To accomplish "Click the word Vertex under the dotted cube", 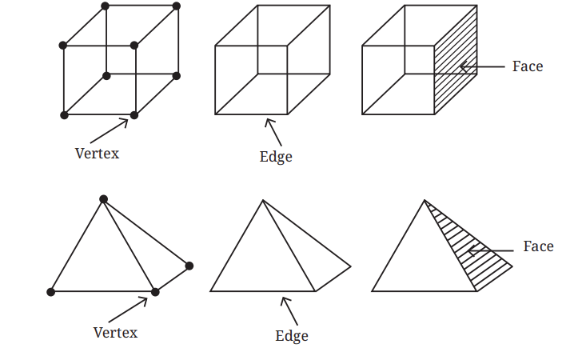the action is [x=97, y=154].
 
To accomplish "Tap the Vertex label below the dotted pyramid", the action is [x=115, y=333].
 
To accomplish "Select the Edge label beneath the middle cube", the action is [x=276, y=157].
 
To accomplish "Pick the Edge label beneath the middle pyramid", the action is [x=292, y=336].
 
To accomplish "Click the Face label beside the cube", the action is [x=528, y=66].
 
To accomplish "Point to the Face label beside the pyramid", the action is [x=539, y=246].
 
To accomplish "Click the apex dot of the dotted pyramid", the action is [x=104, y=199].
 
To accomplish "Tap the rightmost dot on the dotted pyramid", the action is [x=189, y=266].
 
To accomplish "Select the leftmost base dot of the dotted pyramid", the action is [x=51, y=292].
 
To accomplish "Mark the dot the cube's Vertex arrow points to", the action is [x=134, y=115].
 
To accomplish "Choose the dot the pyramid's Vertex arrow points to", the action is [x=155, y=292].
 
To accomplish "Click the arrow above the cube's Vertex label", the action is [x=109, y=130].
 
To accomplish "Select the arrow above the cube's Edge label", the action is [x=273, y=132].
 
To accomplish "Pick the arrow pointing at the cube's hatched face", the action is [x=482, y=67].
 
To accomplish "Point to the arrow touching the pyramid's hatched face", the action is [x=491, y=251].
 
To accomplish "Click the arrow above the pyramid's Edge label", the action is [x=289, y=311].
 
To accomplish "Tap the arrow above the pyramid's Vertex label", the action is [x=128, y=310].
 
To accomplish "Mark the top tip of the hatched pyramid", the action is [x=425, y=200].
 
